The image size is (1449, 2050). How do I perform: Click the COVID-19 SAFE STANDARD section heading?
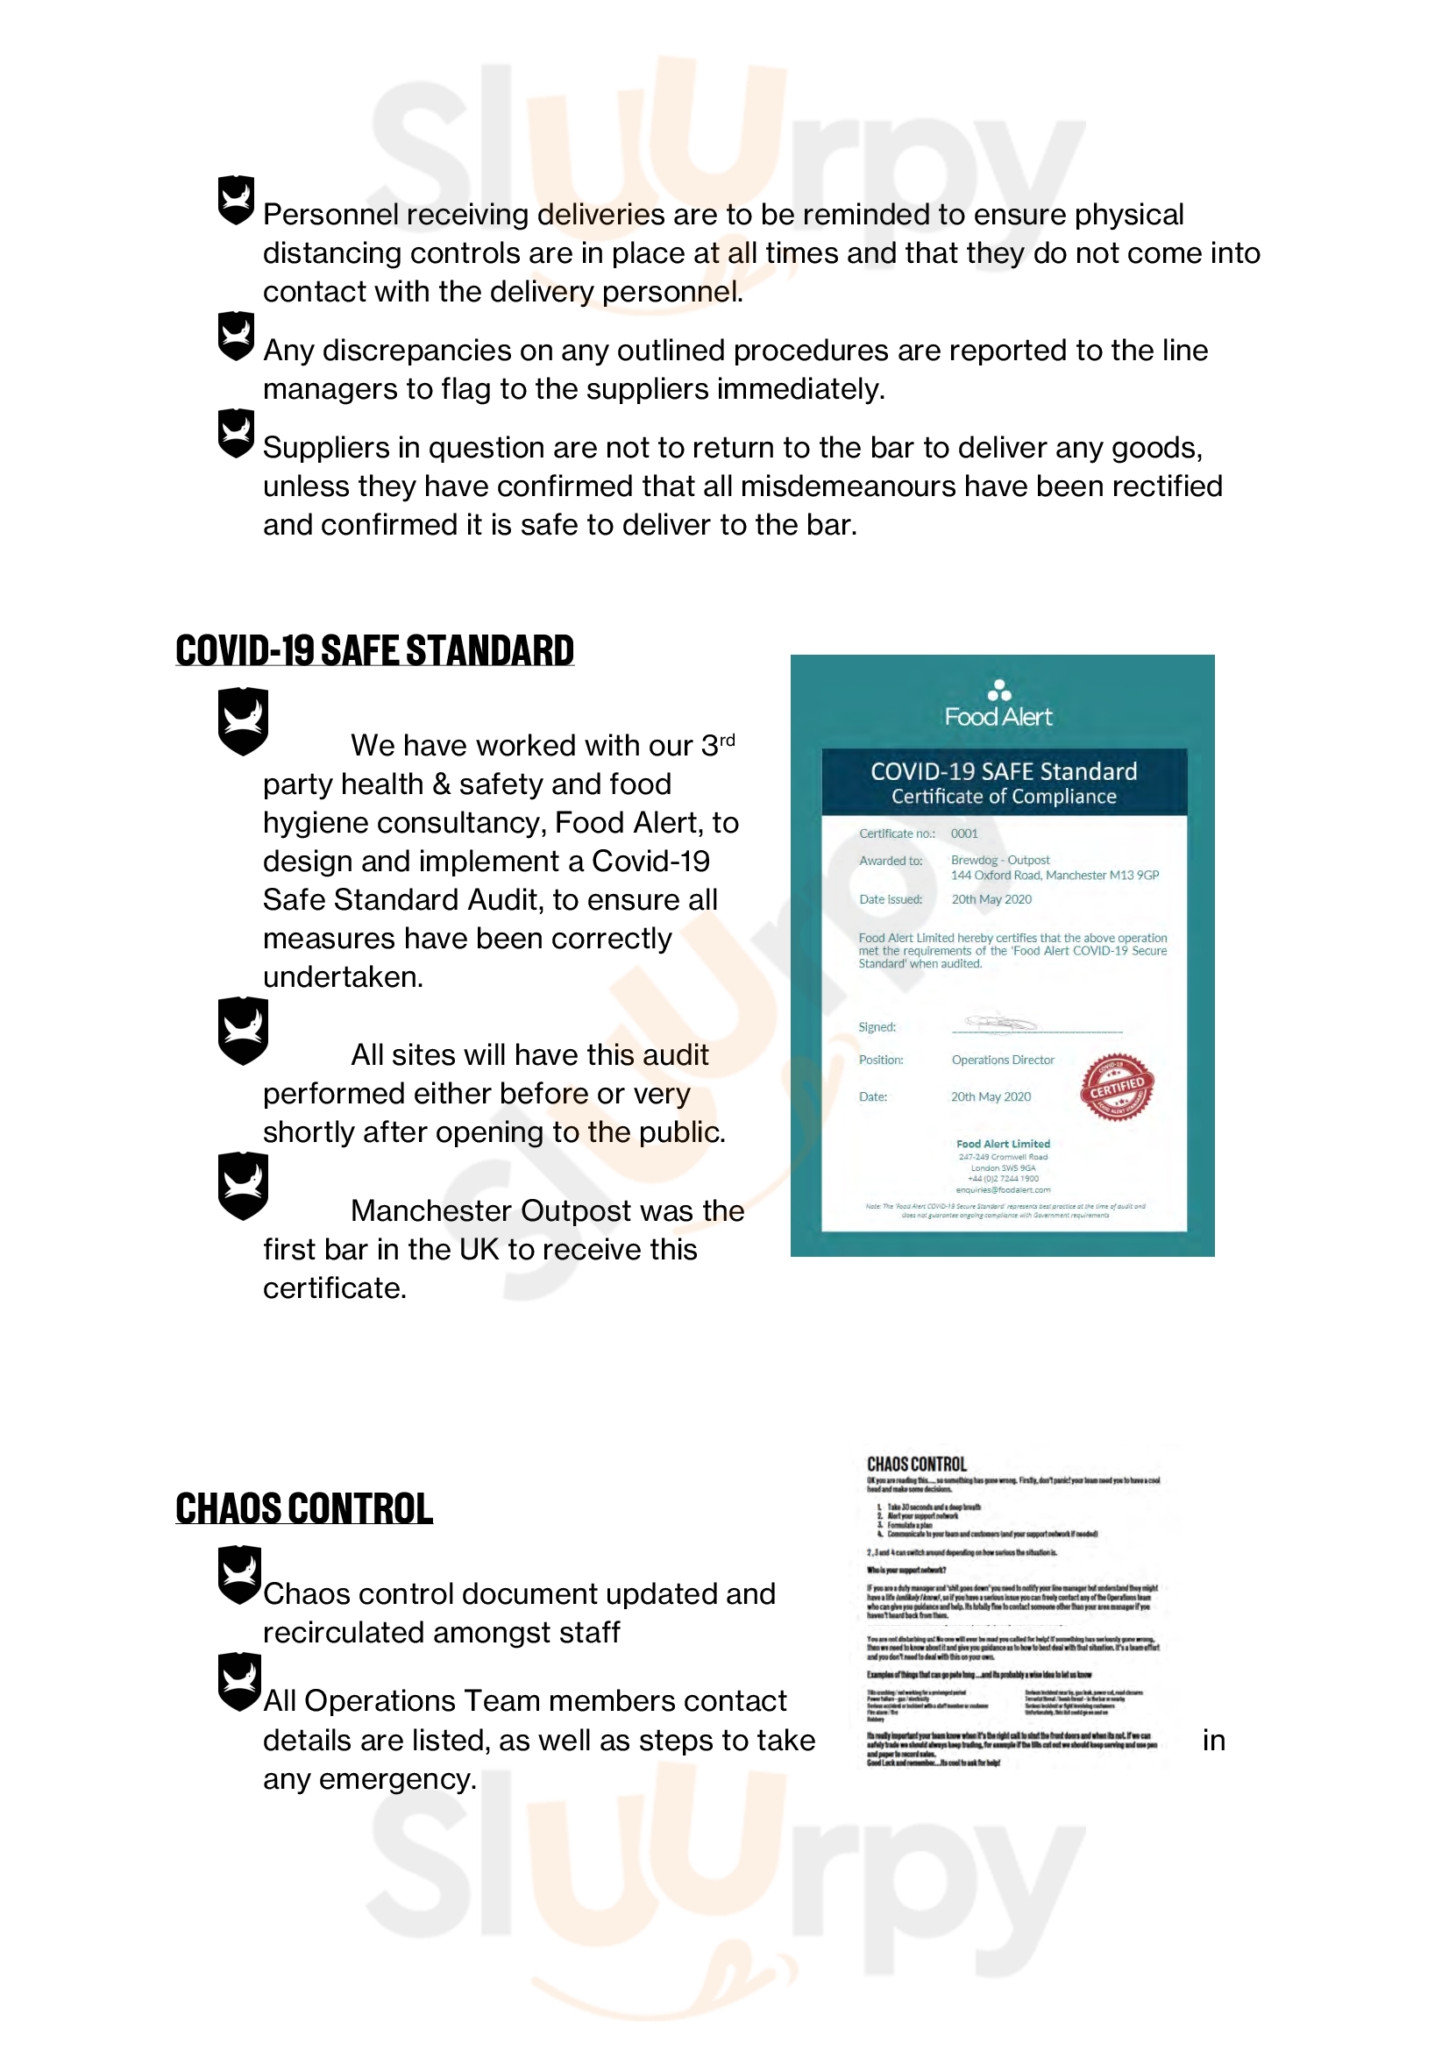(x=374, y=650)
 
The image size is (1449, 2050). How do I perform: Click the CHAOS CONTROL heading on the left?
(x=303, y=1508)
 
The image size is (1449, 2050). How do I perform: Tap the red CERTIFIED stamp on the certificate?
(x=1116, y=1087)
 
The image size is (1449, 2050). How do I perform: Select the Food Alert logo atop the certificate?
(x=998, y=705)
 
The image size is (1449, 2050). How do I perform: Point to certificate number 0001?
(x=964, y=833)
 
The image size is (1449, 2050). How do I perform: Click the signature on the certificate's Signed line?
(x=1000, y=1022)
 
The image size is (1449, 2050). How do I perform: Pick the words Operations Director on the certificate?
(x=1003, y=1060)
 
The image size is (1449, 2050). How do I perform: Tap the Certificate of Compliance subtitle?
(x=1004, y=797)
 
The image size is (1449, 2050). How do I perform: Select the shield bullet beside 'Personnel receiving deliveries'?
(x=237, y=199)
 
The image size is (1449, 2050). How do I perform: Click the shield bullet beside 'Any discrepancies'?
(x=237, y=336)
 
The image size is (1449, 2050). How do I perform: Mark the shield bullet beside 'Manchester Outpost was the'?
(x=243, y=1185)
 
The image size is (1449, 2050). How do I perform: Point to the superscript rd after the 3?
(x=728, y=741)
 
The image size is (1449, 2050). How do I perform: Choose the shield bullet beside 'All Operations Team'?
(x=240, y=1681)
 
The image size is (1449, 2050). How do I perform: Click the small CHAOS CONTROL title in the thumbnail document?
(x=916, y=1465)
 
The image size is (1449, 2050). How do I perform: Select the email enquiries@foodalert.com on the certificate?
(x=1003, y=1189)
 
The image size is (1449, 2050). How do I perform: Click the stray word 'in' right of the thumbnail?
(x=1213, y=1741)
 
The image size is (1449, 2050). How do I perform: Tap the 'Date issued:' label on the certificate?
(x=890, y=899)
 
